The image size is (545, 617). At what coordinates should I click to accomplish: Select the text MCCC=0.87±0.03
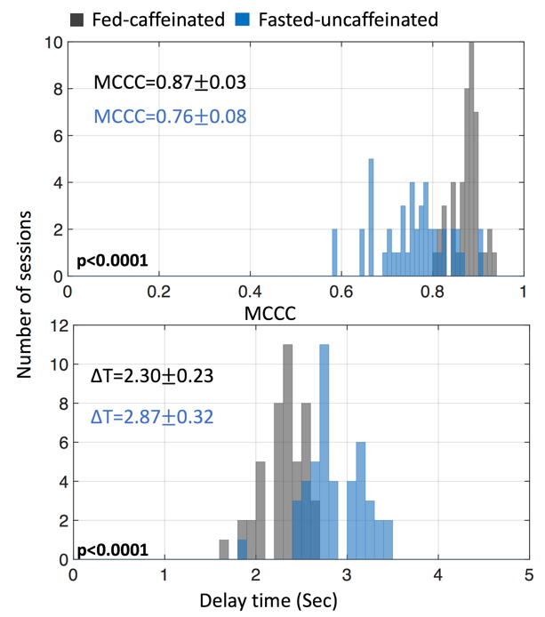(169, 82)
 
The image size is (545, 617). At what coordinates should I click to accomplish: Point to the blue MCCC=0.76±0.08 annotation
(169, 116)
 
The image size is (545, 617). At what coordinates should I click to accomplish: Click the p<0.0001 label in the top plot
(113, 261)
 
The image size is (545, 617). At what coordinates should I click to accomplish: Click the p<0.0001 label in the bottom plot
(113, 550)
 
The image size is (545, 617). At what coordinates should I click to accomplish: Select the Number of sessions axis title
(26, 293)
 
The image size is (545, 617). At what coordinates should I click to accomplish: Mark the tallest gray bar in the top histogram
(471, 160)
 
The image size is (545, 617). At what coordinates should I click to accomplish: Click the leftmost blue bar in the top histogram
(334, 252)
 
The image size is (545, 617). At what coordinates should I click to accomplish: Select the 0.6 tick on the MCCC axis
(342, 292)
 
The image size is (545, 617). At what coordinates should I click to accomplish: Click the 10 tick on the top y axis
(54, 43)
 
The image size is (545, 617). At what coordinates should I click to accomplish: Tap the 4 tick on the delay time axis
(437, 576)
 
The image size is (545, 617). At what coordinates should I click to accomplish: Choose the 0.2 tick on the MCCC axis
(159, 292)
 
